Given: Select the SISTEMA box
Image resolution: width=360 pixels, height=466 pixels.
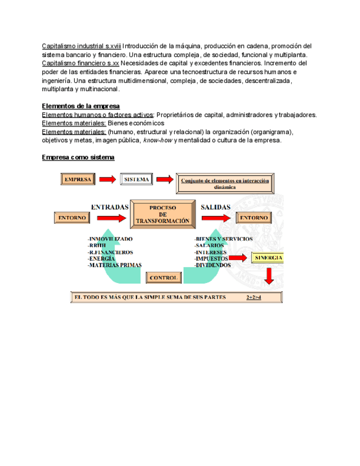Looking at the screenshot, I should click(136, 179).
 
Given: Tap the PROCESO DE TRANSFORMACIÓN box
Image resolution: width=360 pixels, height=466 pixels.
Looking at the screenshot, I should click(162, 214).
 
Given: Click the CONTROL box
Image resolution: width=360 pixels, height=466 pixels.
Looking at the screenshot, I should click(163, 278).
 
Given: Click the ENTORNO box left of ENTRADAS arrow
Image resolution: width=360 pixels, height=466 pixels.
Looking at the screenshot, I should click(72, 218).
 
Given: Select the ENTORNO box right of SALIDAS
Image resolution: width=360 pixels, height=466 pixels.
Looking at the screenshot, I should click(253, 218).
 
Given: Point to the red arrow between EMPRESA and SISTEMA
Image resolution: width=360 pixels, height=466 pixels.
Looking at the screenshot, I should click(108, 179).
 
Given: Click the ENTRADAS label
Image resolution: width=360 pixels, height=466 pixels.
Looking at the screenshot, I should click(110, 207).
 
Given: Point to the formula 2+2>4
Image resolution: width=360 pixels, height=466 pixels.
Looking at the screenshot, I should click(253, 297).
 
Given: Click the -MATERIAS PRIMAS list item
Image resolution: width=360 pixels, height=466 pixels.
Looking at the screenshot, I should click(114, 264).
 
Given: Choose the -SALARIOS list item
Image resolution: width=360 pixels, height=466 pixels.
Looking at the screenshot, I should click(209, 245).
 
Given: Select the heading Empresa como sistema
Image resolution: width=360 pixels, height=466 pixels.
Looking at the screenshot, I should click(78, 157).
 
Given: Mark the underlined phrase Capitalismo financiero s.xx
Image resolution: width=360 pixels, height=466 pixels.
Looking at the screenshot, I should click(80, 63).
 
